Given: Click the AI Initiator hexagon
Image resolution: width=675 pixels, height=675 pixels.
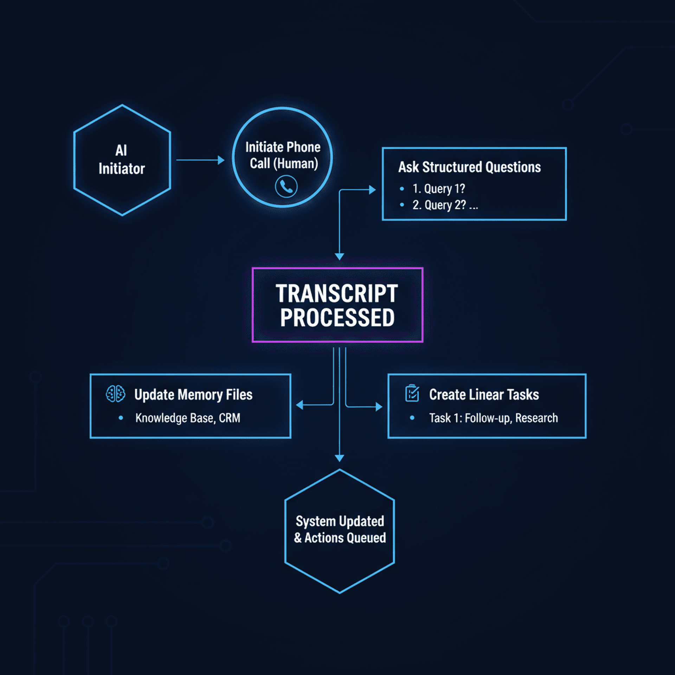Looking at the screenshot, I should (122, 160).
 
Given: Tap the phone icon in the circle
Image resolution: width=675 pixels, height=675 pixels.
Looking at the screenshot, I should (286, 187).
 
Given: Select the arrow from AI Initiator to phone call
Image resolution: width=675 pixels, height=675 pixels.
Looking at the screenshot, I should (200, 160).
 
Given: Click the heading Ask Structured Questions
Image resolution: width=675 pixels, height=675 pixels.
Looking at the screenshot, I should (469, 167).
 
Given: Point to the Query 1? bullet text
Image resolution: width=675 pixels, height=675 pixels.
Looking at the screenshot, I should (439, 189).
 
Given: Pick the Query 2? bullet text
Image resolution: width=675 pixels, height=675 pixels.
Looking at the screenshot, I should (439, 205).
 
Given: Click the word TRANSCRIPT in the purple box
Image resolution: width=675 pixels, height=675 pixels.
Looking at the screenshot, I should (337, 294).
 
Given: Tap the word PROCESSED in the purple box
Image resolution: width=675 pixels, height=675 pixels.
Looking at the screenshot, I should (337, 318).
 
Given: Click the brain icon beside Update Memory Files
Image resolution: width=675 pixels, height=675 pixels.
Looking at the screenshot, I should (115, 394).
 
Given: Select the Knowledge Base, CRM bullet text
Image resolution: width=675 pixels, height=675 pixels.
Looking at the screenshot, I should (188, 418).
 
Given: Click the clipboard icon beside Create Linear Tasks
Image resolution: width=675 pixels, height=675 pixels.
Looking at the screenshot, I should (412, 393).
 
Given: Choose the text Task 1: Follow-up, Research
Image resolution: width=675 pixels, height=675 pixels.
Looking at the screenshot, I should (493, 418).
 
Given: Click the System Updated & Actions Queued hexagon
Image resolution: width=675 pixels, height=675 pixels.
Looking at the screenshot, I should (339, 531).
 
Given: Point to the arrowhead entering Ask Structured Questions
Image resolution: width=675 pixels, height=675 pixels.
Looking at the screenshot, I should (372, 190).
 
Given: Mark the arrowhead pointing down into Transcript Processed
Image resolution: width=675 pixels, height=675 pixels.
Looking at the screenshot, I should (339, 257).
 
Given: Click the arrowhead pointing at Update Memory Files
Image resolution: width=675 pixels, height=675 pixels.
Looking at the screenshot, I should (300, 405).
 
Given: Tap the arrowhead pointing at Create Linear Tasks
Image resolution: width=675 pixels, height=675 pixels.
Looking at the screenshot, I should (379, 407).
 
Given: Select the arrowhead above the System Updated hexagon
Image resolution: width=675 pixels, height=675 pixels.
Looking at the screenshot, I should (339, 458).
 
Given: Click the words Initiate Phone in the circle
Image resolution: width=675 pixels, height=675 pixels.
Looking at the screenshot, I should (283, 147).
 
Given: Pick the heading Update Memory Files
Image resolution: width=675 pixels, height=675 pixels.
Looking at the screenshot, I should (193, 395).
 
